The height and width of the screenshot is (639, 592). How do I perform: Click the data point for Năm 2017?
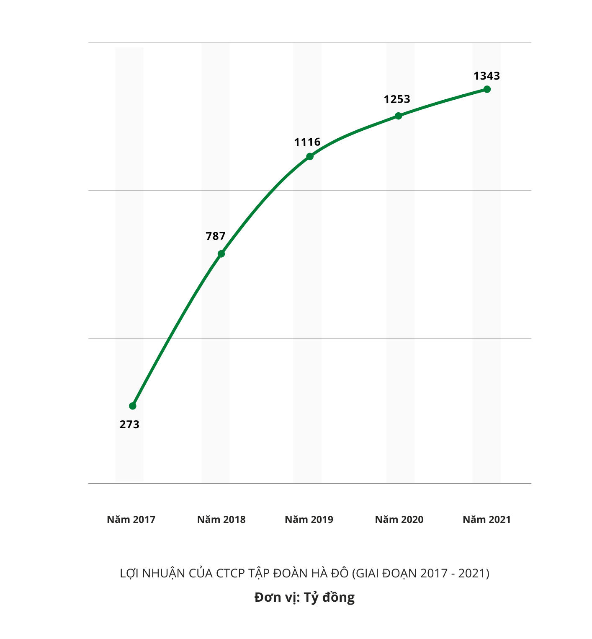[x=133, y=406]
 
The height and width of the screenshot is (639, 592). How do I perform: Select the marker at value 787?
[x=221, y=254]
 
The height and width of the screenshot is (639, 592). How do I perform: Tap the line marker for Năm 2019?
[x=310, y=156]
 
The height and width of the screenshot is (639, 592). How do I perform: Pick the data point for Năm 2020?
[x=399, y=116]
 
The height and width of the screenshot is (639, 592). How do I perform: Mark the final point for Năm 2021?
[x=487, y=89]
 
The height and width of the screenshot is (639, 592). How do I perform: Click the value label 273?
[x=129, y=424]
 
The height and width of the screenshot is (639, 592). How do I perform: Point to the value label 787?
[x=216, y=236]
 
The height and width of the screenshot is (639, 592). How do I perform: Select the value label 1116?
[x=307, y=142]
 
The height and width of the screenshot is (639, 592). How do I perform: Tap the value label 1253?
[x=397, y=99]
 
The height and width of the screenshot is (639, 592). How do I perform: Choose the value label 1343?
[x=486, y=76]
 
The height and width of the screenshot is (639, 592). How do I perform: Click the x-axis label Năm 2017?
[x=131, y=520]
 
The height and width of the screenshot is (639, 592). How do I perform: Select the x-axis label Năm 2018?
[x=221, y=520]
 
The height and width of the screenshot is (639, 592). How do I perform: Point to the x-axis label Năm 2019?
[x=309, y=520]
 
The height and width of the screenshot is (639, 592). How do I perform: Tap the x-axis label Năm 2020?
[x=399, y=520]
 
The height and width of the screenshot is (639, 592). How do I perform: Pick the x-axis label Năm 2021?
[x=486, y=520]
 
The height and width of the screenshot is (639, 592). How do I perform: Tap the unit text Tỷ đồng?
[x=329, y=597]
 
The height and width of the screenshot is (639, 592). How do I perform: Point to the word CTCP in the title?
[x=230, y=573]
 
